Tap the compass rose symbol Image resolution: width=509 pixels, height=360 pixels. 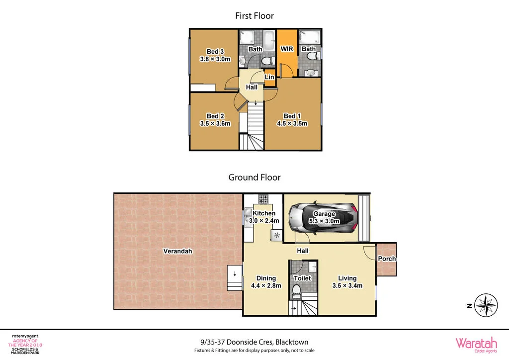tap(486, 305)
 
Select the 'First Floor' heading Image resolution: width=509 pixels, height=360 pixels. tap(254, 16)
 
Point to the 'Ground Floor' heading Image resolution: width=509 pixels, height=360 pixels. tap(254, 177)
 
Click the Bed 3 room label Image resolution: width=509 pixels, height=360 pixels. tap(215, 51)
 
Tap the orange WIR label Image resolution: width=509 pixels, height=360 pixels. tap(287, 49)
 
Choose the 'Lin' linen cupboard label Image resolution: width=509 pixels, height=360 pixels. tap(269, 78)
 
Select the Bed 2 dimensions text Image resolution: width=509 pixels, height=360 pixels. tap(215, 124)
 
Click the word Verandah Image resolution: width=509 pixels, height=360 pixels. tap(177, 251)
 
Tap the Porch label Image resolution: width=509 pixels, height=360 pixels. tap(387, 259)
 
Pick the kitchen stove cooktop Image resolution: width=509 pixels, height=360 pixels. tap(263, 199)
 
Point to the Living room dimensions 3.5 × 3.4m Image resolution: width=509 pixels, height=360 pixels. tap(347, 285)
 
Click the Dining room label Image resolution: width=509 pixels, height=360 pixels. tap(266, 278)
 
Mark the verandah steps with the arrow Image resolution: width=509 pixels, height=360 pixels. tap(234, 278)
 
